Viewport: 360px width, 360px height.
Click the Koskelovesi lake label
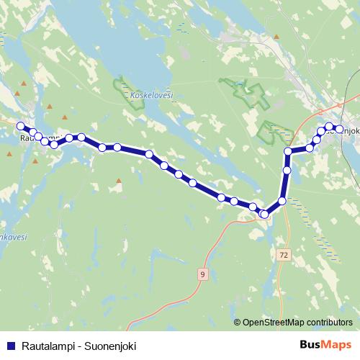click(153, 94)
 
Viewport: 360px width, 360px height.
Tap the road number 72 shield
click(285, 255)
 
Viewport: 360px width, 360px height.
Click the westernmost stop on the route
click(21, 126)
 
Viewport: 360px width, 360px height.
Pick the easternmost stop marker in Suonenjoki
click(339, 129)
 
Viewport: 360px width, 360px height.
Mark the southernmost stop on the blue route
click(264, 214)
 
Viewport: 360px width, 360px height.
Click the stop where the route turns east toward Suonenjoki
click(288, 151)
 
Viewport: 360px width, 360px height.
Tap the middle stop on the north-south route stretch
click(287, 171)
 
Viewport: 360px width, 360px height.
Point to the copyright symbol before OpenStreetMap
click(238, 323)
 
